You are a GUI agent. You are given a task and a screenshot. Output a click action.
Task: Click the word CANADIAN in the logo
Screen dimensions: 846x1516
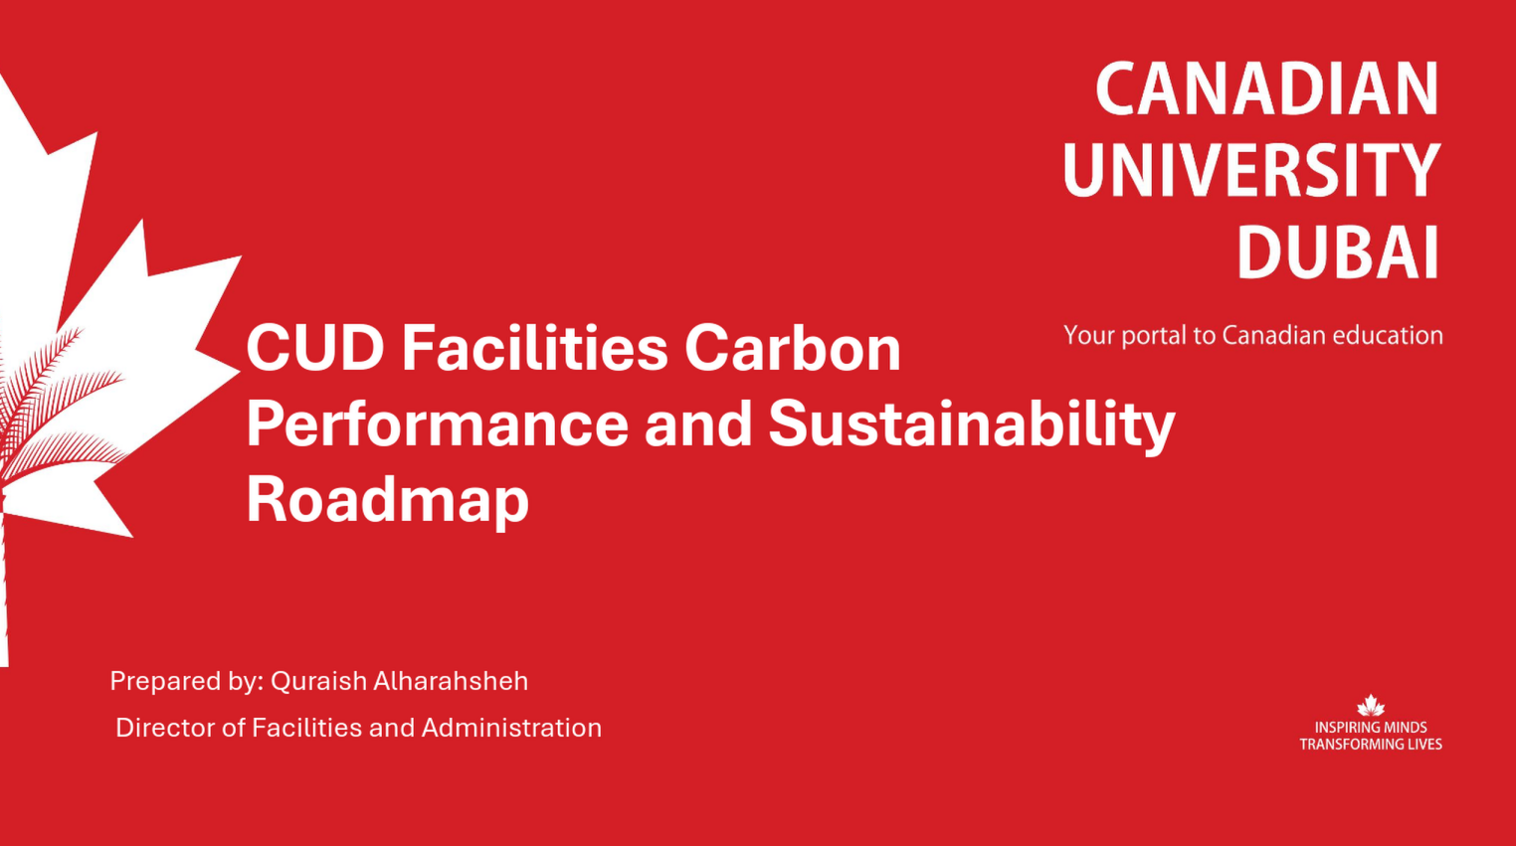tap(1266, 89)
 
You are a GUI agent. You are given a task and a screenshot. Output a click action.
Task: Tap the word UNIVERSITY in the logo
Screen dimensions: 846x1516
tap(1251, 171)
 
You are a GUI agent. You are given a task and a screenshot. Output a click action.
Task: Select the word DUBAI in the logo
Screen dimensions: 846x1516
tap(1338, 253)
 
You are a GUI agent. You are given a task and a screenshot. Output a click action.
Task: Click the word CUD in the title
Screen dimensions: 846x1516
tap(315, 349)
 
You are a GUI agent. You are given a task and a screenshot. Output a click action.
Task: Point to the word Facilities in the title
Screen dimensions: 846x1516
tap(534, 349)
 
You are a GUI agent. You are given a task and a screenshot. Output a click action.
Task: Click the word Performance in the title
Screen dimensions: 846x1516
tap(437, 424)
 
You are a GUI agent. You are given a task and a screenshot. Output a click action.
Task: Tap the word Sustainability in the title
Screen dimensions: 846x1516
tap(971, 424)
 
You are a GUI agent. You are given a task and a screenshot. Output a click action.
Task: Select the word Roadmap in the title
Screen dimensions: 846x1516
tap(387, 499)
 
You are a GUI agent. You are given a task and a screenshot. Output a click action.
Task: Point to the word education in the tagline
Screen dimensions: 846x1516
tap(1387, 335)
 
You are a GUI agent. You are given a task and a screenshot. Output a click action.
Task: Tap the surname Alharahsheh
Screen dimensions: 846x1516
tap(450, 681)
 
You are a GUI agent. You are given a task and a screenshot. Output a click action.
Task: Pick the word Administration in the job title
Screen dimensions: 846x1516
tap(511, 728)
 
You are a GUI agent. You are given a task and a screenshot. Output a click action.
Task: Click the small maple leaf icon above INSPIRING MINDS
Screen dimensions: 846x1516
tap(1371, 706)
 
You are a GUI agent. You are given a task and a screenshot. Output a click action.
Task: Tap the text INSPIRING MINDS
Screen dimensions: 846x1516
tap(1371, 728)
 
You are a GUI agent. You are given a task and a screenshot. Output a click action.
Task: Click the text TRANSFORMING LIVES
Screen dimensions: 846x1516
tap(1371, 745)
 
